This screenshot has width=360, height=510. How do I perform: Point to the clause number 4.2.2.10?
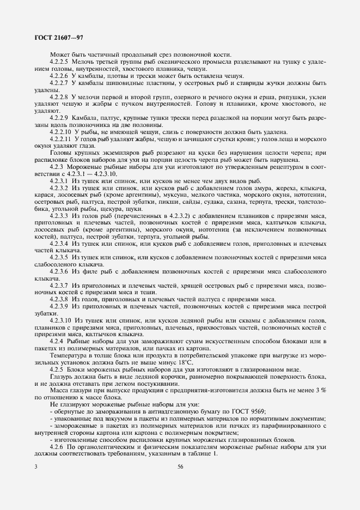point(61,132)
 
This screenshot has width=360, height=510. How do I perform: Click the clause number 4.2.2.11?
point(61,139)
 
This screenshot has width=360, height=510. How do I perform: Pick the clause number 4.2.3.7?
point(59,286)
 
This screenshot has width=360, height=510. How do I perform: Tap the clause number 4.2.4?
point(57,341)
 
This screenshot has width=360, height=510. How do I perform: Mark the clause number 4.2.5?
point(57,369)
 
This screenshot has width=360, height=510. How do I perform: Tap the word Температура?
point(69,355)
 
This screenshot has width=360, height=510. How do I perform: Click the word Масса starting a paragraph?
point(59,390)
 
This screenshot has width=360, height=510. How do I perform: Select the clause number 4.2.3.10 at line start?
point(61,320)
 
